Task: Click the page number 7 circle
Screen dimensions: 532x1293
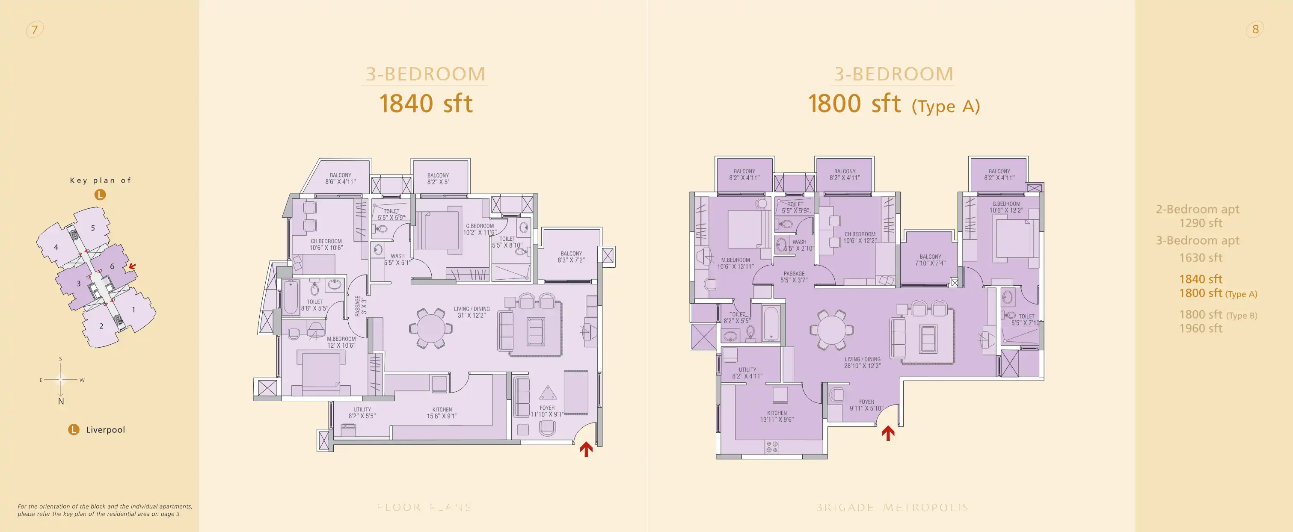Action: [34, 30]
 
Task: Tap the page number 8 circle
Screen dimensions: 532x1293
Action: [1255, 29]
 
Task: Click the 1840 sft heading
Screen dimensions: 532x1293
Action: [426, 103]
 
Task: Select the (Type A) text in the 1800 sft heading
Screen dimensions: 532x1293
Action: [946, 106]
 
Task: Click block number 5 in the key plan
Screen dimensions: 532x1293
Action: [93, 228]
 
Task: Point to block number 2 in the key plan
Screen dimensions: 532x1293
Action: [101, 326]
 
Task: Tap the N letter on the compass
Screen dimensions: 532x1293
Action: [61, 401]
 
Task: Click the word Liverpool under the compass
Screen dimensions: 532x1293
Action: [105, 430]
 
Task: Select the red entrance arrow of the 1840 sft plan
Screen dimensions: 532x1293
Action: [586, 448]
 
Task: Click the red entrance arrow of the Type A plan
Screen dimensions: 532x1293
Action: [888, 433]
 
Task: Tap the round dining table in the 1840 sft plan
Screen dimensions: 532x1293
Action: [431, 329]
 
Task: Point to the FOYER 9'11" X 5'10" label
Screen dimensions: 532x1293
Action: [866, 405]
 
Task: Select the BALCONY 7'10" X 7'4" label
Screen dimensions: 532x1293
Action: [930, 260]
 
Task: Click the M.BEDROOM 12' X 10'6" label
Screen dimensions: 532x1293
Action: [341, 342]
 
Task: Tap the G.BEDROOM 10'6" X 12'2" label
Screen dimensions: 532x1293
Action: [1006, 207]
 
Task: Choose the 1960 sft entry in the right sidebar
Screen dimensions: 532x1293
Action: [1201, 329]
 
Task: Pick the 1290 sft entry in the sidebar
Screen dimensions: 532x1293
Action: [1201, 223]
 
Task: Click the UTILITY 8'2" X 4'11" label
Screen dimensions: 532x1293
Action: [747, 373]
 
